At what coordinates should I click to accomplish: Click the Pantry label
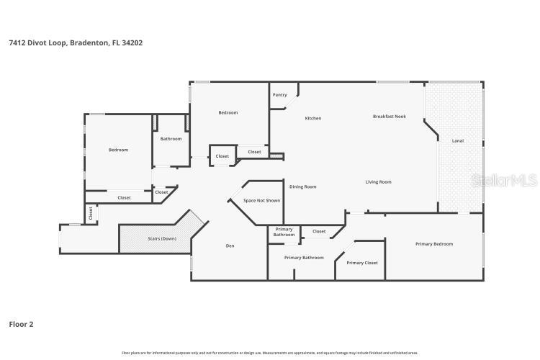279,95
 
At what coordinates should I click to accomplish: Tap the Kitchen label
313,118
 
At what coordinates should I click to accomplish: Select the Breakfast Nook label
389,116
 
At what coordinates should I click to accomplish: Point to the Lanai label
457,140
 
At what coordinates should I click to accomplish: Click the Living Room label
378,182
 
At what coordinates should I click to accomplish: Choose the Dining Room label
302,186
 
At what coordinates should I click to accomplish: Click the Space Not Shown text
261,201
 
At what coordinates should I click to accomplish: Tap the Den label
230,246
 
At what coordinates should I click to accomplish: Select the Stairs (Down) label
162,238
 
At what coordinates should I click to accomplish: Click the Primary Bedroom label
434,244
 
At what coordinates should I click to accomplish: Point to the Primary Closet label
361,263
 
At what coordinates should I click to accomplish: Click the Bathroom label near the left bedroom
171,139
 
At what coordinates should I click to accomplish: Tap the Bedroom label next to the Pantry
228,112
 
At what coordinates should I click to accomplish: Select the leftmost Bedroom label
118,150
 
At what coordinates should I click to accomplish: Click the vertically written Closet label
91,213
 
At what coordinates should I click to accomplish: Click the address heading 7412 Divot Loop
76,42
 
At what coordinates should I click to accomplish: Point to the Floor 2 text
21,324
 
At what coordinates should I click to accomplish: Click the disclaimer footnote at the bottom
269,353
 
